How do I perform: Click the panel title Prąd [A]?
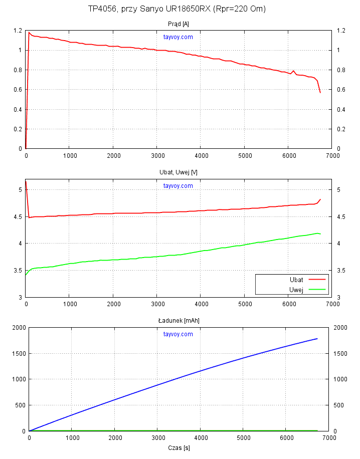178,24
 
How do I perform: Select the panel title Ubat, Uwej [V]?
178,172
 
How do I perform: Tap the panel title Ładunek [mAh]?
178,320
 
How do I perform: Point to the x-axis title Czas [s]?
179,447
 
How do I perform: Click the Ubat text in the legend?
296,279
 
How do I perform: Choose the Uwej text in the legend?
296,289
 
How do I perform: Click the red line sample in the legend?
317,279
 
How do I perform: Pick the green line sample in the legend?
317,289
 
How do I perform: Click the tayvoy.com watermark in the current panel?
178,37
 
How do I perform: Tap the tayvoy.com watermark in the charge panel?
178,334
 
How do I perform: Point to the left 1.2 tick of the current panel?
18,31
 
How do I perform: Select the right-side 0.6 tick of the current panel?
341,90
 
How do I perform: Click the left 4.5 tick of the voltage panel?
18,216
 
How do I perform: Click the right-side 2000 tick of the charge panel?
339,328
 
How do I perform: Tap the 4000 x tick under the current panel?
201,156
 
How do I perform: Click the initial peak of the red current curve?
29,33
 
